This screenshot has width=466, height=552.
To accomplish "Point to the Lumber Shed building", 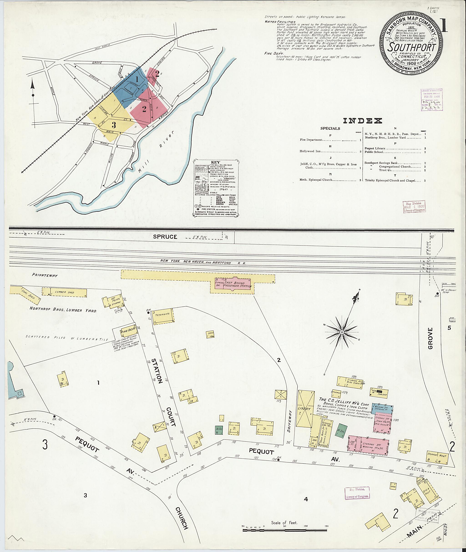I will coord(64,292).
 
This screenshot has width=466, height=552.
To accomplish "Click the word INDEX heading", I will coord(362,121).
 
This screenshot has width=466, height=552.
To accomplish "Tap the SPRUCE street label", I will coord(165,237).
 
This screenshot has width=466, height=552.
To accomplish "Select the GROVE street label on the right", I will coord(430,339).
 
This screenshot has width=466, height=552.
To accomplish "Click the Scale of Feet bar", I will coord(285,530).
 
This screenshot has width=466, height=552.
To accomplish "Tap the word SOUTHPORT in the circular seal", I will coord(411,47).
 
